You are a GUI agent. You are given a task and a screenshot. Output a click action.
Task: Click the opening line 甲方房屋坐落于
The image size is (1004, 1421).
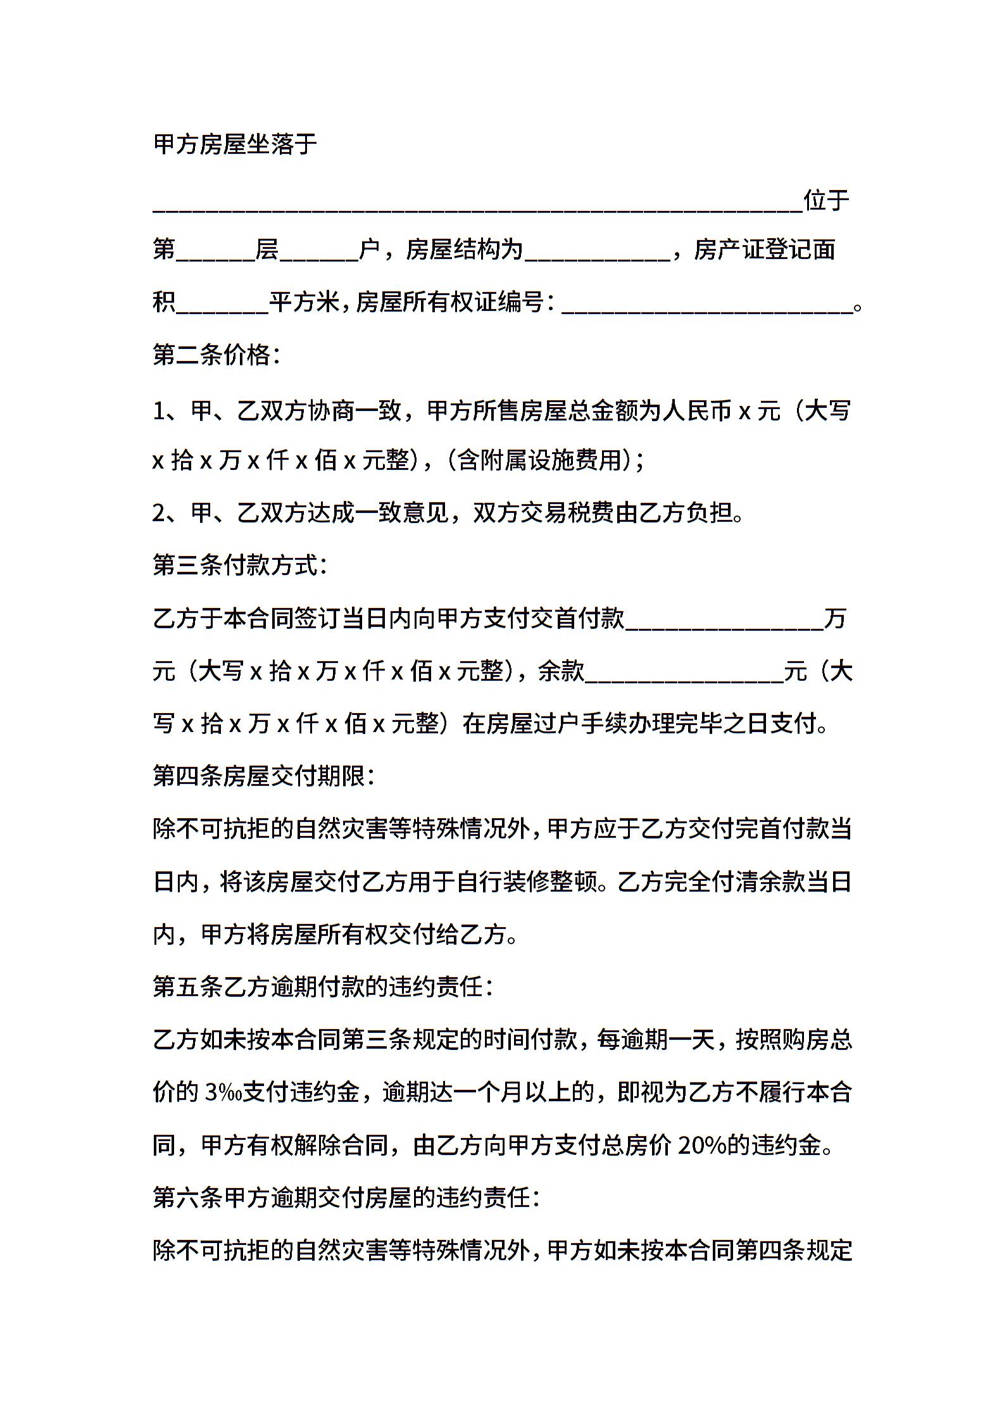(x=235, y=145)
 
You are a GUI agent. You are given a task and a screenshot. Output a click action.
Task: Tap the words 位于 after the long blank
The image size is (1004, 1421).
(x=826, y=201)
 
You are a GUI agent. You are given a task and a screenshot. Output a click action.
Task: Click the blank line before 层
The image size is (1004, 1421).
(x=215, y=253)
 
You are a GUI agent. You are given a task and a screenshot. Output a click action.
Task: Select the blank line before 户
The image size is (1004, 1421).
(x=318, y=253)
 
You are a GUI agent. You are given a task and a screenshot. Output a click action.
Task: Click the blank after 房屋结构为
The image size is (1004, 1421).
(x=597, y=253)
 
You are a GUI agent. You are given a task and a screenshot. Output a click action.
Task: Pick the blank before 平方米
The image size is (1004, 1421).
(x=222, y=306)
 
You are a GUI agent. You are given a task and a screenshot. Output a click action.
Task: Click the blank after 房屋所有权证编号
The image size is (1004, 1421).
(x=706, y=306)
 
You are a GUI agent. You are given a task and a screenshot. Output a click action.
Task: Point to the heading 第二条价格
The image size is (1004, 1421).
(x=216, y=355)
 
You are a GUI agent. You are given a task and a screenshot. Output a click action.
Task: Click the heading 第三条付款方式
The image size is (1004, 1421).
(x=240, y=565)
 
